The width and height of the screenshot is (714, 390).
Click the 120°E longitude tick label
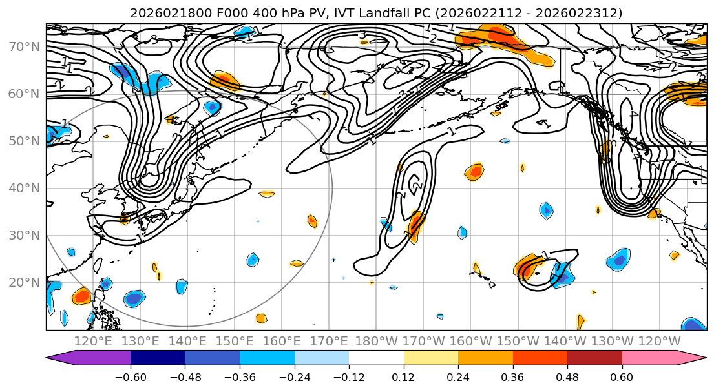[x=93, y=341]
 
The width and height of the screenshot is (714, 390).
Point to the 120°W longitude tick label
[x=659, y=341]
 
